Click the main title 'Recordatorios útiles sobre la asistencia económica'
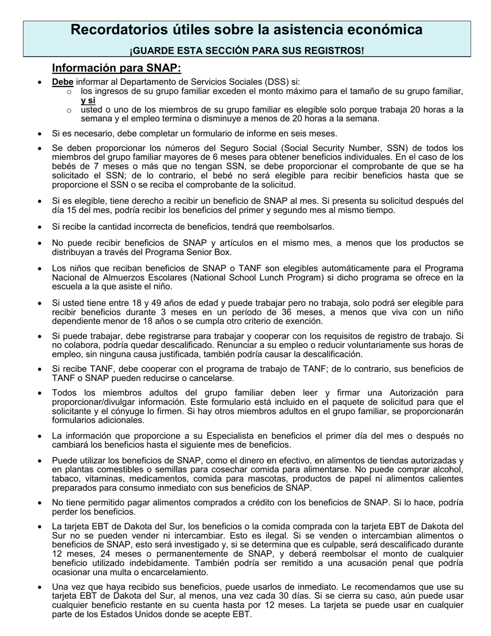(246, 30)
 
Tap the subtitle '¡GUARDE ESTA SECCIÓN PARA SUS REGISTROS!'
(246, 51)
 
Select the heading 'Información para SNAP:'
(116, 68)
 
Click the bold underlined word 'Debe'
(63, 82)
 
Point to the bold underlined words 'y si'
(88, 101)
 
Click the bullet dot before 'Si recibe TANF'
(40, 370)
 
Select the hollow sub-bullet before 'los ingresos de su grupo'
(69, 92)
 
